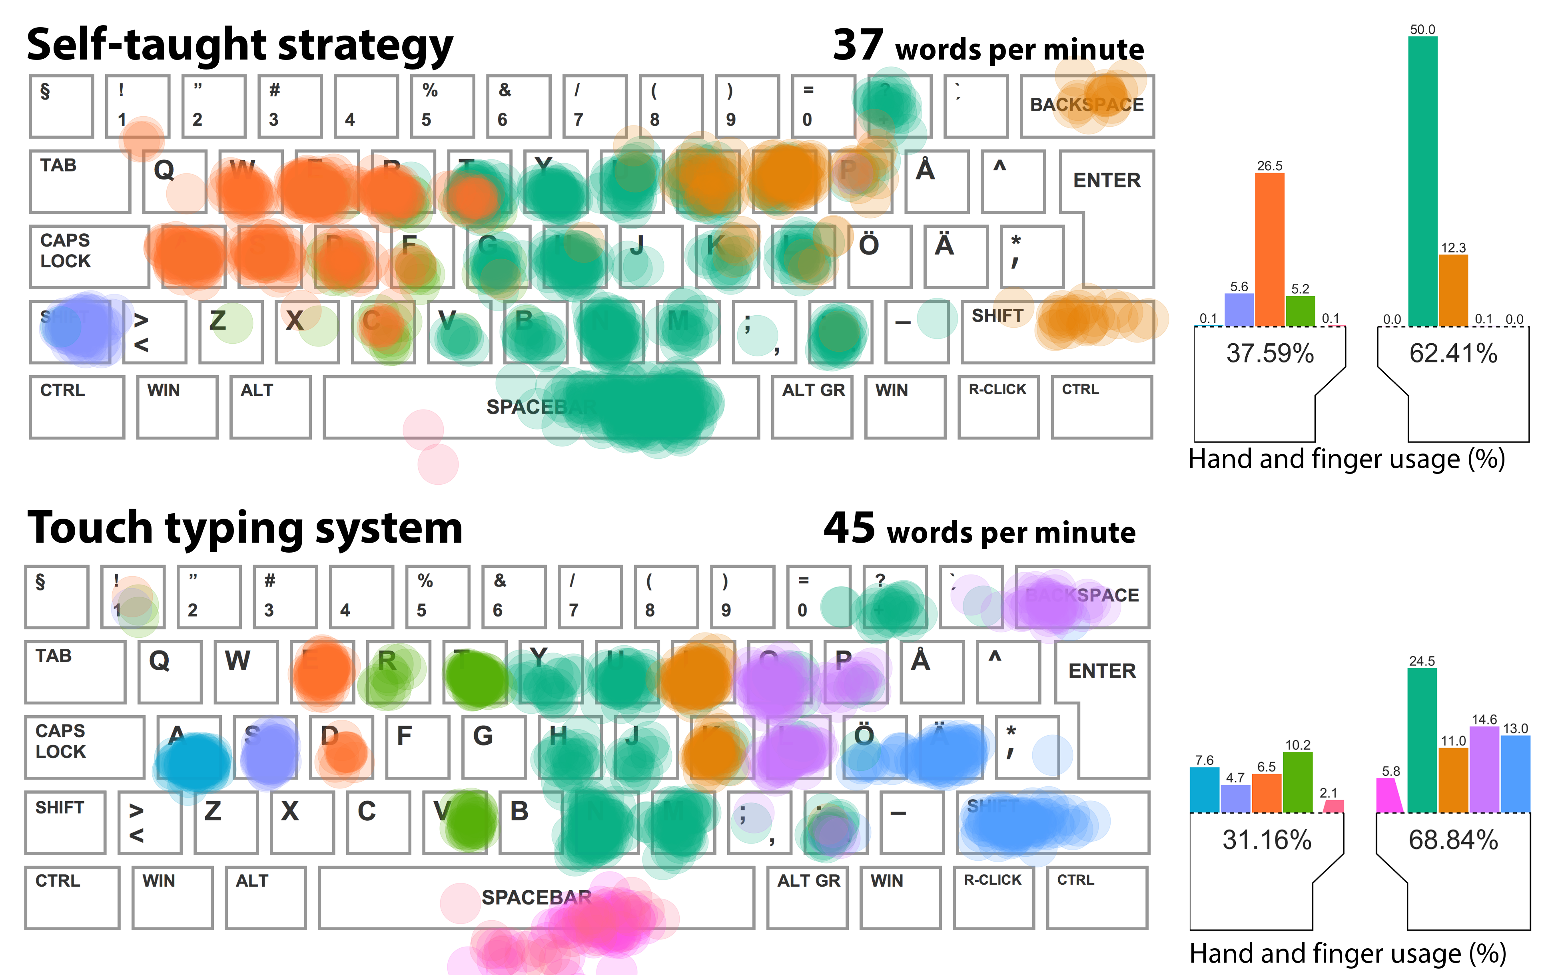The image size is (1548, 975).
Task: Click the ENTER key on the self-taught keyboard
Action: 1106,181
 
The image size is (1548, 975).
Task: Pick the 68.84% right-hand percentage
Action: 1453,840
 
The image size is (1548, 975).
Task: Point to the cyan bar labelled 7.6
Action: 1204,789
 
